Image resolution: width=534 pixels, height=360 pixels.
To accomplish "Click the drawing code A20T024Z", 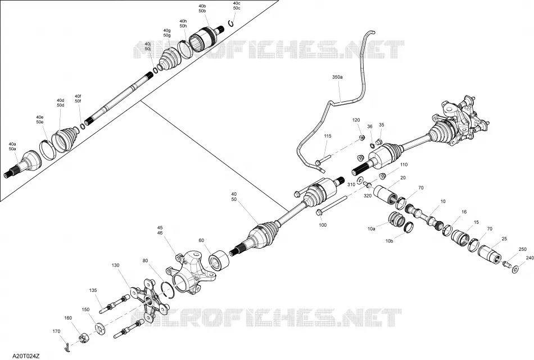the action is pyautogui.click(x=26, y=356).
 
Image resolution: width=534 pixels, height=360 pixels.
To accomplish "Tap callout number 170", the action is pyautogui.click(x=56, y=331).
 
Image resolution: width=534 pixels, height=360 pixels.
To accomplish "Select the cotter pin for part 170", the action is pyautogui.click(x=67, y=347).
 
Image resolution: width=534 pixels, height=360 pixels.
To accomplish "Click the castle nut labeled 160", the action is pyautogui.click(x=84, y=338).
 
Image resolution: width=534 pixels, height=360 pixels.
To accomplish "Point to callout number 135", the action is pyautogui.click(x=93, y=290).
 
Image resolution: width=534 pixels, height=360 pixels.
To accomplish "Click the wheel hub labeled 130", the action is pyautogui.click(x=149, y=300).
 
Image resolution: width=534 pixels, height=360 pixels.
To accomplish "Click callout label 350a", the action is pyautogui.click(x=337, y=77).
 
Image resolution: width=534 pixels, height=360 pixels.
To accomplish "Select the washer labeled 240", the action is pyautogui.click(x=515, y=269).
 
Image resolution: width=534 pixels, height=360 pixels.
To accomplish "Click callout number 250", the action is pyautogui.click(x=522, y=249).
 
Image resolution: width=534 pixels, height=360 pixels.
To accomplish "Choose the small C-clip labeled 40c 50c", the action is pyautogui.click(x=231, y=22).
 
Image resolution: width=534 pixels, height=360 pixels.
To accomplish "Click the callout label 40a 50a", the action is pyautogui.click(x=12, y=147).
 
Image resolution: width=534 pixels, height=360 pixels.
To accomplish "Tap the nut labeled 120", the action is pyautogui.click(x=362, y=138).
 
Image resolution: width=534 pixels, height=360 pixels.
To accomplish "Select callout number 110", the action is pyautogui.click(x=404, y=165).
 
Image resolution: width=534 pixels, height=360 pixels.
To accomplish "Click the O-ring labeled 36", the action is pyautogui.click(x=372, y=146).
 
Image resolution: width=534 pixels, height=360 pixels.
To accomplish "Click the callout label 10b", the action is pyautogui.click(x=390, y=241).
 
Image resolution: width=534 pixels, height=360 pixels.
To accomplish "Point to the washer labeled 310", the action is pyautogui.click(x=360, y=181).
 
